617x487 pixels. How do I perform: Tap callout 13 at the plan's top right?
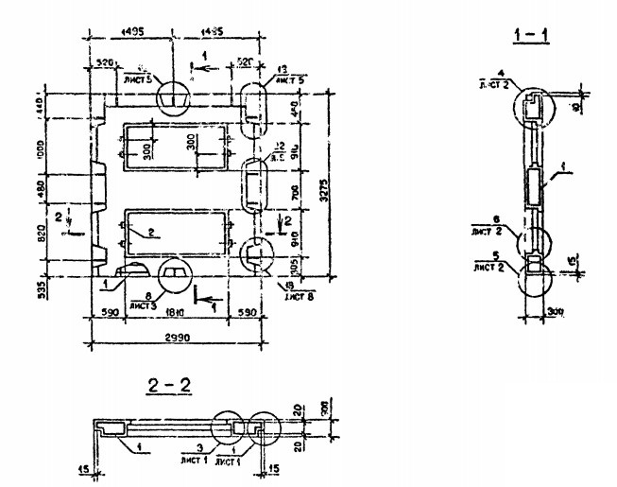(280, 70)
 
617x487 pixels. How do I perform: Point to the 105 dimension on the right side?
(295, 262)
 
